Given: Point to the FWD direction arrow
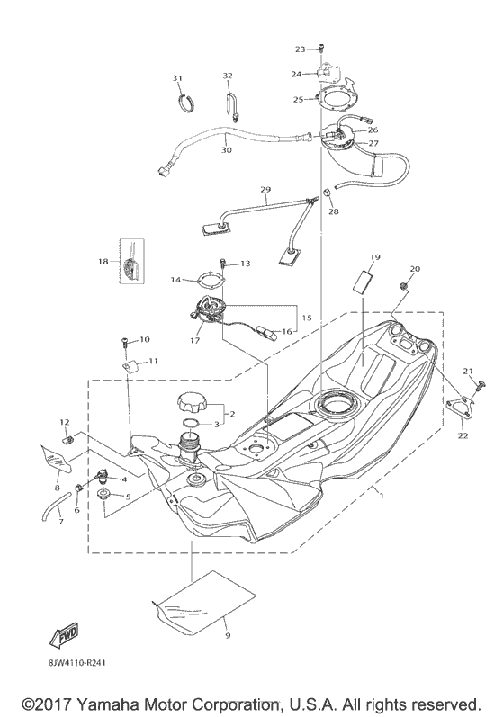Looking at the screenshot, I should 67,635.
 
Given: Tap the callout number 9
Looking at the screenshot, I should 228,636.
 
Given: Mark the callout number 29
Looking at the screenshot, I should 265,189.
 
